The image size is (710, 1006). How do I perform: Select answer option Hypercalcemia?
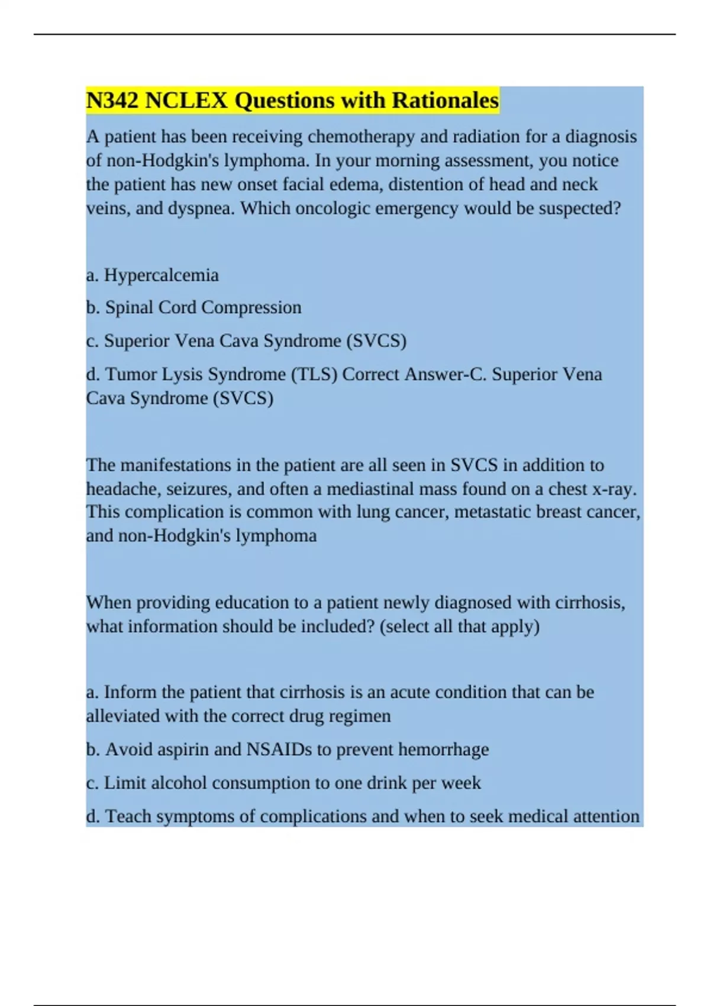point(161,275)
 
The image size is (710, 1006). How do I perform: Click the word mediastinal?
point(370,489)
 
